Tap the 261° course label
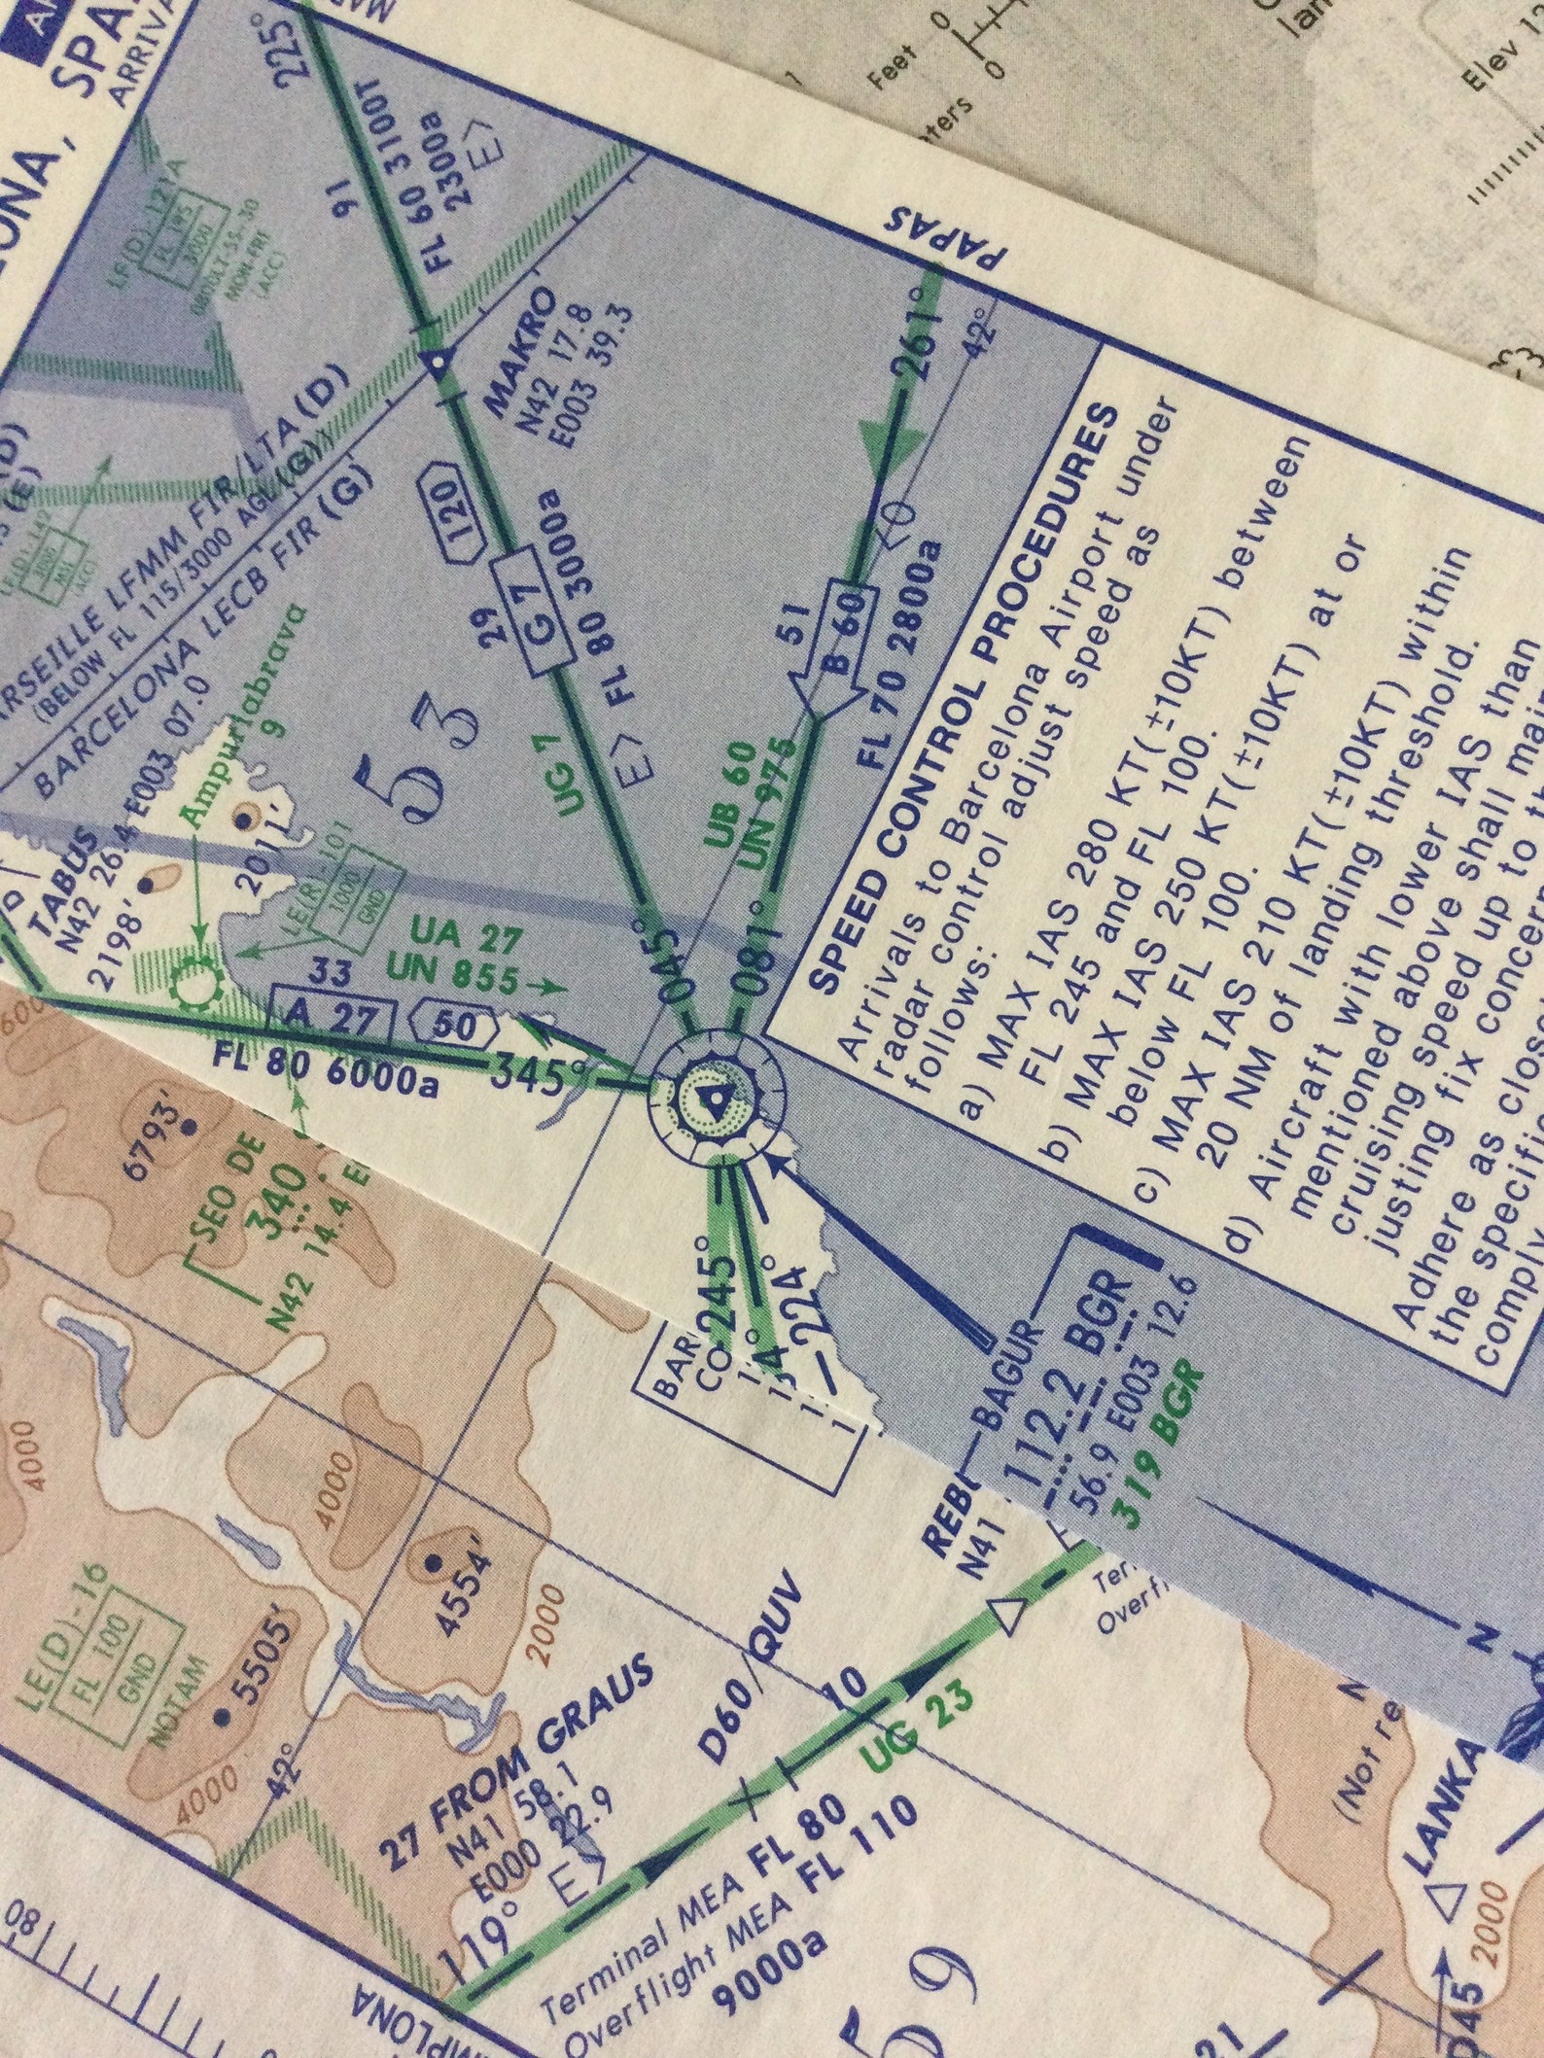(920, 350)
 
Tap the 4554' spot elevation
(456, 1574)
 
